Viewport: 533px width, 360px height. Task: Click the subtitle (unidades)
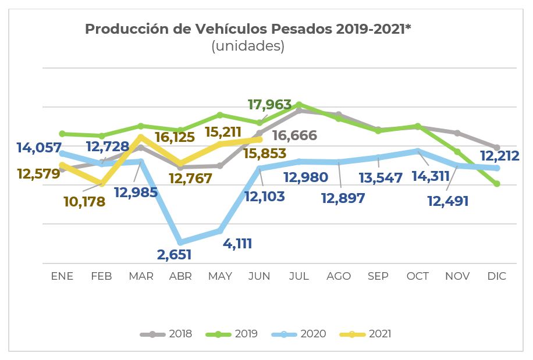click(248, 47)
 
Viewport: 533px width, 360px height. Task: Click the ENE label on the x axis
click(62, 276)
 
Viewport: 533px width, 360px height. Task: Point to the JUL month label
click(299, 276)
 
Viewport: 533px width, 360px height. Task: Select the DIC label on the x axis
click(496, 276)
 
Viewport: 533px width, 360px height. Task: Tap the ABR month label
click(180, 276)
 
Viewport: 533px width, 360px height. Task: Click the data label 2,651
click(174, 254)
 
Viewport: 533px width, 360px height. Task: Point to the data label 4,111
click(237, 243)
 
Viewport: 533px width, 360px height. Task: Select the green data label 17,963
click(269, 105)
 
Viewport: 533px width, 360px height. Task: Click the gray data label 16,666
click(294, 136)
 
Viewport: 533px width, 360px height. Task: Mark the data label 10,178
click(85, 202)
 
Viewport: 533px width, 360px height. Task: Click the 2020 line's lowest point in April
click(180, 243)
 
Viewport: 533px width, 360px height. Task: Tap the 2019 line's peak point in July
click(299, 105)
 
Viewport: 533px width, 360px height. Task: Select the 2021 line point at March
click(141, 137)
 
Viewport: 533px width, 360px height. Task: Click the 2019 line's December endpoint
click(496, 184)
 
